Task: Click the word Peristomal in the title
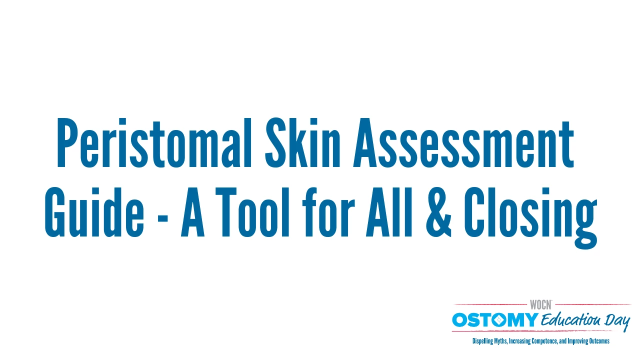(154, 142)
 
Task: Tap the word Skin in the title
(303, 142)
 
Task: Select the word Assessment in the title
(463, 142)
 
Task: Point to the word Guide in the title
(94, 212)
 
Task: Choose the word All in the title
(389, 212)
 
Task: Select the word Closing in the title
(531, 217)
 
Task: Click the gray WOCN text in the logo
(540, 305)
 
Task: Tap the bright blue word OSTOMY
(495, 319)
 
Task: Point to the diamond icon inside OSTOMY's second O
(499, 320)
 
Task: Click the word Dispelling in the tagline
(482, 341)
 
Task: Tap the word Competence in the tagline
(544, 341)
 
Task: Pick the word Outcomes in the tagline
(599, 341)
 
